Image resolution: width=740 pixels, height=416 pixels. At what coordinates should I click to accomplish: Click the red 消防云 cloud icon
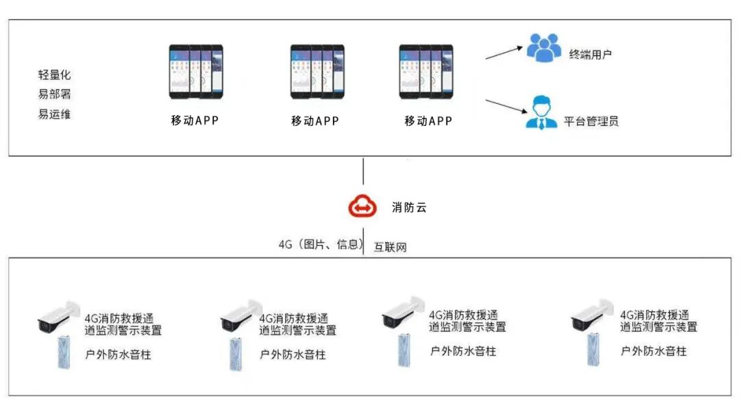[x=362, y=207]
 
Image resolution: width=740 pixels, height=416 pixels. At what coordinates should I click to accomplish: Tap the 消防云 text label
[x=409, y=207]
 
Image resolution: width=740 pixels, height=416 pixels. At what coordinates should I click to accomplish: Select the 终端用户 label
[x=591, y=53]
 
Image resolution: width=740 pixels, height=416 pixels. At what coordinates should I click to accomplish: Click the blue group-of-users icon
[x=543, y=49]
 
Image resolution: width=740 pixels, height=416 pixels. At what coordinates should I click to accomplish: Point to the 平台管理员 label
[x=591, y=122]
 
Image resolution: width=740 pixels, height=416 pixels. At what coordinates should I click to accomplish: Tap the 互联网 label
[x=390, y=247]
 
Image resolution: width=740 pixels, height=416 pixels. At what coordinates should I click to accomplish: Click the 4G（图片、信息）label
[x=319, y=244]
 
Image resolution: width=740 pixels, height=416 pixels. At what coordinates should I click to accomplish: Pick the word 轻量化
[x=54, y=75]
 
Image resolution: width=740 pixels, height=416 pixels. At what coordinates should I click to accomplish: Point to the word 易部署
[x=54, y=94]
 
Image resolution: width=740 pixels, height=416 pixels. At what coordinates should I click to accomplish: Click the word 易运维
[x=54, y=114]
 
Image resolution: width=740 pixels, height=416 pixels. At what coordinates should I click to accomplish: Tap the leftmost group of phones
[x=196, y=72]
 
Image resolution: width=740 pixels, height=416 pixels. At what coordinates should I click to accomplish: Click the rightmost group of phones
[x=425, y=72]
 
